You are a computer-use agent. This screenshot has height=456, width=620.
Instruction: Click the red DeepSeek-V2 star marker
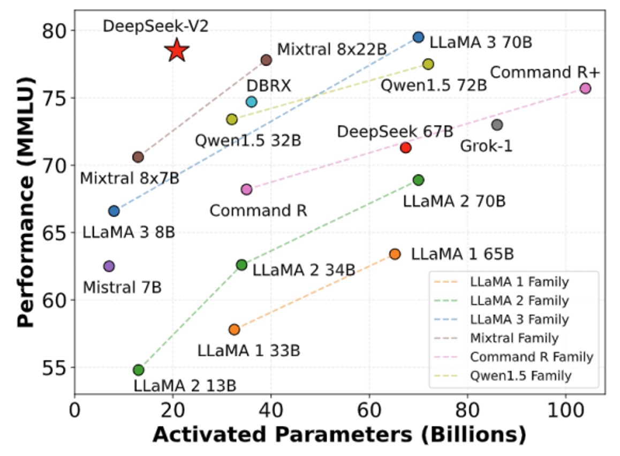(x=177, y=51)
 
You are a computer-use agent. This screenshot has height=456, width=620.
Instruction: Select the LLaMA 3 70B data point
(x=419, y=37)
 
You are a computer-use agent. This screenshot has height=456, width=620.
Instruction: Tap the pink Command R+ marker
(x=585, y=88)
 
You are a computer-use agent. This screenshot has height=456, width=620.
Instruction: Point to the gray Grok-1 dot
(x=497, y=125)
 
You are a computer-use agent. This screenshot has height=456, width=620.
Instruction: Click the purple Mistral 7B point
(x=109, y=266)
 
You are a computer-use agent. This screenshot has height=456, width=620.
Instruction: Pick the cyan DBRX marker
(x=252, y=102)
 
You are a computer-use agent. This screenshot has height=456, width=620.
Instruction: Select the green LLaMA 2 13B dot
(x=139, y=370)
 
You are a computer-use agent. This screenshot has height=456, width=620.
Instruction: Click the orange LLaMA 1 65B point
(x=395, y=254)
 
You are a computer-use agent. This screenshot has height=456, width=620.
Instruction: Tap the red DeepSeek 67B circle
(x=405, y=147)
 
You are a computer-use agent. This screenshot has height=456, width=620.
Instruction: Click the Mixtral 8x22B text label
(x=331, y=50)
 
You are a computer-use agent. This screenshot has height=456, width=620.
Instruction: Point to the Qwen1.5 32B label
(x=248, y=140)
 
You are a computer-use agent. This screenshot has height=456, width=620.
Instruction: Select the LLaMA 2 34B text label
(x=304, y=270)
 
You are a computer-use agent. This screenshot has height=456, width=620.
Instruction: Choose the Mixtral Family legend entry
(x=513, y=338)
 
